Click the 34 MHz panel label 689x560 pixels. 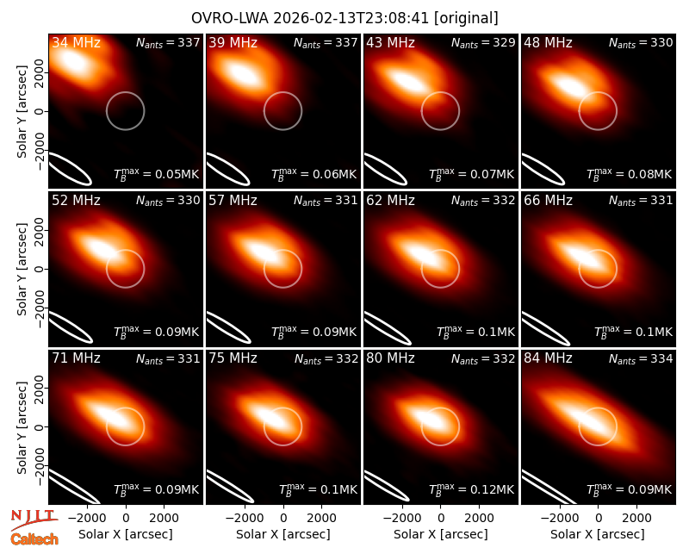point(76,42)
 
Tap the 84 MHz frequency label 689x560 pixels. point(548,358)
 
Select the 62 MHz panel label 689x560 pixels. point(391,201)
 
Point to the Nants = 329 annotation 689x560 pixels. point(483,42)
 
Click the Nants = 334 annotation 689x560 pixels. point(641,358)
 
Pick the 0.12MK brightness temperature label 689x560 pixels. point(471,488)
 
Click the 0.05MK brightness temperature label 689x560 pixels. point(157,173)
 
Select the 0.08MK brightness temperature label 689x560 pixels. point(629,173)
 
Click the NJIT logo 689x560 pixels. point(34,520)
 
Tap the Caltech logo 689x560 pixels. point(34,539)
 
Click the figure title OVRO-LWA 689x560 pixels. point(230,18)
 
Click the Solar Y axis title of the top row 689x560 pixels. point(22,112)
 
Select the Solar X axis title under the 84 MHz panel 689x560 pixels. point(598,534)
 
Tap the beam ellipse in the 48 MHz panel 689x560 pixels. point(542,168)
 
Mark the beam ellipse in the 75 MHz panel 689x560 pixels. point(228,486)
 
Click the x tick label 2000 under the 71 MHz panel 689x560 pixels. point(164,519)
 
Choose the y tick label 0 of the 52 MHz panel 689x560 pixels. point(40,269)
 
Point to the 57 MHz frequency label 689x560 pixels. point(233,201)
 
